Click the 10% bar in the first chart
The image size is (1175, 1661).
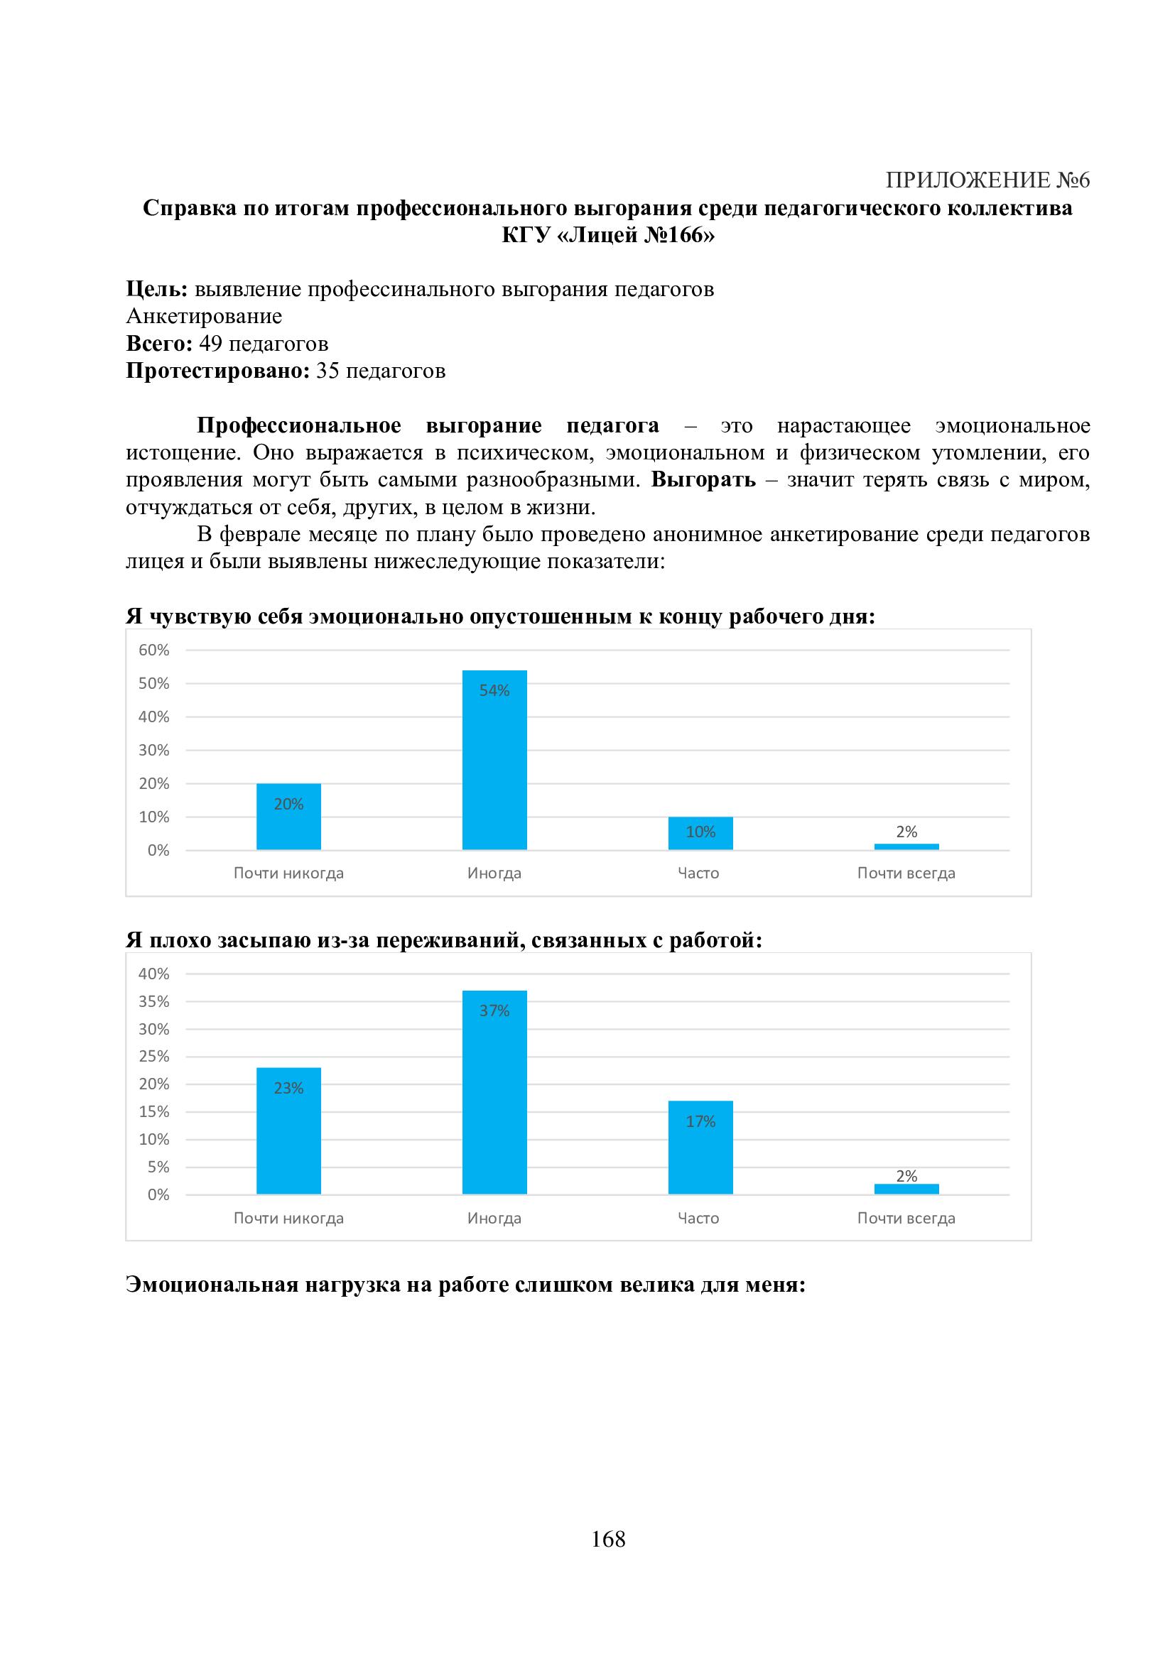pyautogui.click(x=700, y=834)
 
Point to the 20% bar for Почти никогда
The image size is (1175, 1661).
pyautogui.click(x=288, y=817)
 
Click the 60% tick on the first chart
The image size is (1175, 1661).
pyautogui.click(x=153, y=650)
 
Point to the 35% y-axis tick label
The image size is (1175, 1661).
pyautogui.click(x=153, y=1001)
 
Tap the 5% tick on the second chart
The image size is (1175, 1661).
pyautogui.click(x=158, y=1167)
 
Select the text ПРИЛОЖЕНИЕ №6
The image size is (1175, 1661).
pyautogui.click(x=987, y=180)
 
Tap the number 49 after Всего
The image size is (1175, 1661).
pyautogui.click(x=210, y=344)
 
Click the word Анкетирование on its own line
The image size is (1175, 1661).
pyautogui.click(x=204, y=316)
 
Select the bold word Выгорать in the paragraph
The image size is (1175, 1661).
pyautogui.click(x=703, y=479)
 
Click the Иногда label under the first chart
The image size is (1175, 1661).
pyautogui.click(x=494, y=873)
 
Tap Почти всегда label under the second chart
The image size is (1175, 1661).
pyautogui.click(x=906, y=1219)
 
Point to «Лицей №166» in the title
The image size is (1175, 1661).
pyautogui.click(x=636, y=235)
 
